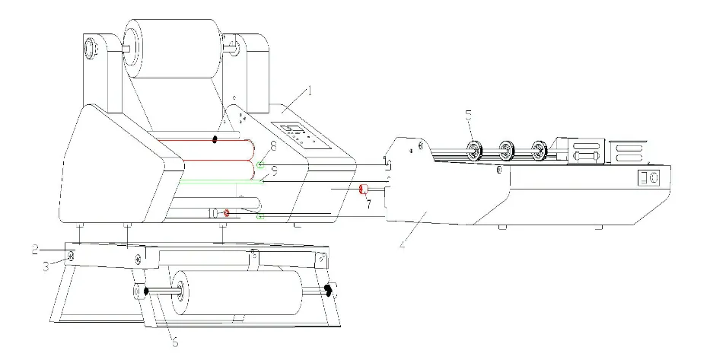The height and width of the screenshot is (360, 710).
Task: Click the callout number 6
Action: coord(174,342)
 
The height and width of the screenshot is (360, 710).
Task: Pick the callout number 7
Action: coord(368,205)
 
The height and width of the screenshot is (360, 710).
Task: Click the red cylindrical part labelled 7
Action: coord(364,190)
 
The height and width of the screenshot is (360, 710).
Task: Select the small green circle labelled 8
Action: coord(260,165)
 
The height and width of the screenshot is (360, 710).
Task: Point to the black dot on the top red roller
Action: coord(215,139)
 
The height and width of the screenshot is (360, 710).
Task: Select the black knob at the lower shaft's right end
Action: coord(329,290)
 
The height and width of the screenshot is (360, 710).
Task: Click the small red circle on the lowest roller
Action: coord(226,212)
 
